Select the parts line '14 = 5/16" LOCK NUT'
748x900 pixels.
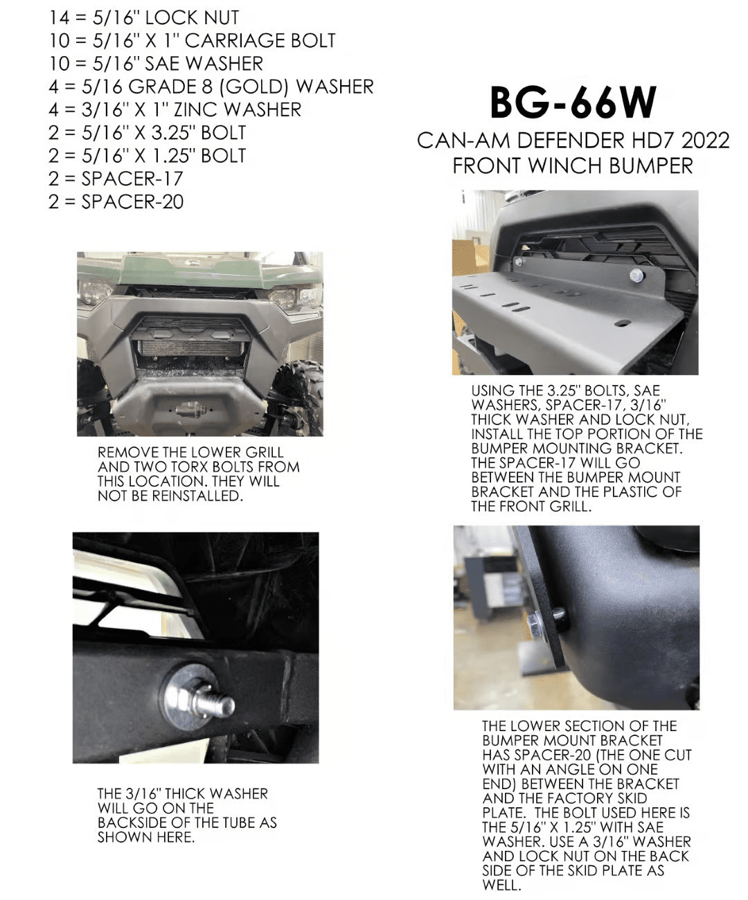[x=144, y=17]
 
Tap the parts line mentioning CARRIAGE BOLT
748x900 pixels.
[x=192, y=40]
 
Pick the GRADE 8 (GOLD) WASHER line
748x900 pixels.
[x=211, y=87]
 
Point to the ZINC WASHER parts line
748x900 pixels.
[x=175, y=109]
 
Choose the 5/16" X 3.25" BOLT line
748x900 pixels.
[x=147, y=132]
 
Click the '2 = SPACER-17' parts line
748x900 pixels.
[x=116, y=179]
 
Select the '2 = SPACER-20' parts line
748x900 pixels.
[x=116, y=201]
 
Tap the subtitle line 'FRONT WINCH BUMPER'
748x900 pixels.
[x=573, y=166]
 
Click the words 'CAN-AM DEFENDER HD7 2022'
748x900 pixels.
[x=573, y=141]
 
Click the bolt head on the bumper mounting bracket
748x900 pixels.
[x=635, y=276]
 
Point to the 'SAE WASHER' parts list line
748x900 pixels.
[x=156, y=64]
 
